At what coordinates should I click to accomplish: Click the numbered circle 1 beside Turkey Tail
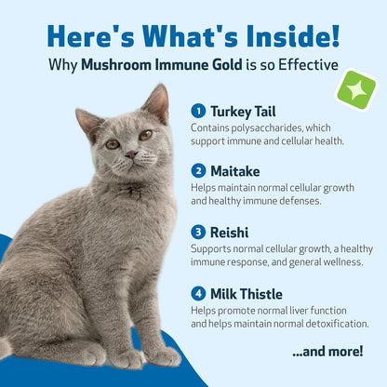tap(198, 110)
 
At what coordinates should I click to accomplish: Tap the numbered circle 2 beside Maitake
tap(198, 170)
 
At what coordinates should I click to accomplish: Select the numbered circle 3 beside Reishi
tap(198, 231)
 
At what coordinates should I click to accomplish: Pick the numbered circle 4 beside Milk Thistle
tap(198, 293)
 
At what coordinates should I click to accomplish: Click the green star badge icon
tap(356, 90)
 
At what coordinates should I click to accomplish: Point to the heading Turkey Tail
tap(244, 110)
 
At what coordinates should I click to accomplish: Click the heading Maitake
tap(234, 170)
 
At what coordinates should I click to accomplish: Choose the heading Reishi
tap(230, 231)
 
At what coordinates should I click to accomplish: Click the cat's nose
tap(129, 154)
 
